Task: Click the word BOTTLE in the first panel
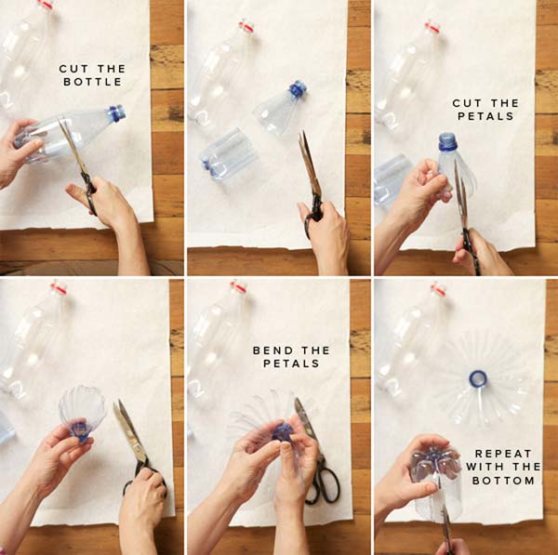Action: (x=92, y=82)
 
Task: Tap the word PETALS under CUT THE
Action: (x=485, y=116)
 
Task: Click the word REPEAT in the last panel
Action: (x=503, y=454)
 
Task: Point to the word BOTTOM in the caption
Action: (x=503, y=481)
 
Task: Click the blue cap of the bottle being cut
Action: (x=117, y=112)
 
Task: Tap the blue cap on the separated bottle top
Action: (x=298, y=89)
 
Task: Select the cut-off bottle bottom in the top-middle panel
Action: (x=228, y=154)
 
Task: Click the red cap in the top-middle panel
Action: (x=246, y=27)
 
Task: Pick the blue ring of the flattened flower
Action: (x=478, y=378)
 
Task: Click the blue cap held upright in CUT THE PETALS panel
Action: (x=447, y=141)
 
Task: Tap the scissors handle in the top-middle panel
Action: (x=313, y=215)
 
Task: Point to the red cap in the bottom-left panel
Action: (x=59, y=288)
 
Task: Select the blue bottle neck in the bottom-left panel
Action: (x=80, y=429)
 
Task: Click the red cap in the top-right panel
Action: (x=432, y=27)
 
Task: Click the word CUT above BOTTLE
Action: (x=73, y=69)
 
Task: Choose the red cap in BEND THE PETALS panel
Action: (x=238, y=286)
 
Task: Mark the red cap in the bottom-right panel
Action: (x=438, y=290)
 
